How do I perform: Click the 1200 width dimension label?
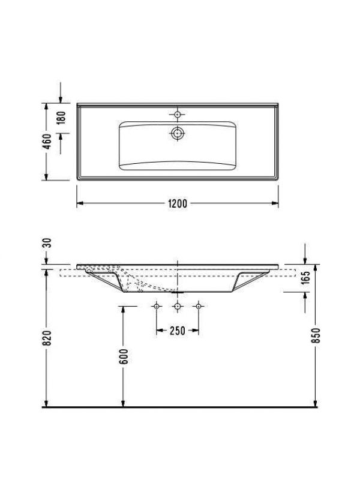(x=178, y=203)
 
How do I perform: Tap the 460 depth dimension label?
(x=47, y=142)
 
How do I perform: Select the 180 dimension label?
(x=61, y=118)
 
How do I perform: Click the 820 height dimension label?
(x=47, y=338)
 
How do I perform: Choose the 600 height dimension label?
(x=124, y=356)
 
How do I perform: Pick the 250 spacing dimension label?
(x=178, y=331)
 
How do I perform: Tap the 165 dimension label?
(x=305, y=278)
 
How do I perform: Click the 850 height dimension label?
(x=316, y=335)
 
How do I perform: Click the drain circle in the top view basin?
(x=177, y=133)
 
